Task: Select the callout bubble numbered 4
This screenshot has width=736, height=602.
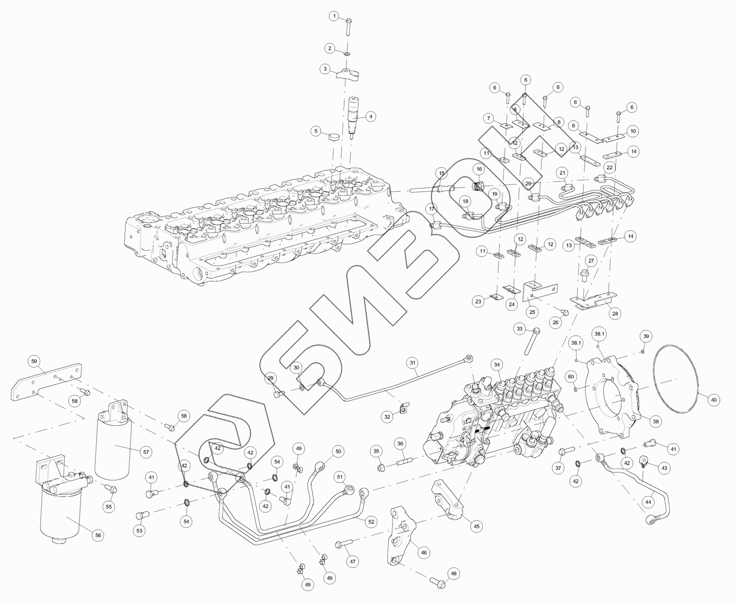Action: [x=371, y=117]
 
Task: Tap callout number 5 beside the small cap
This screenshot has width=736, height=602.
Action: [x=317, y=131]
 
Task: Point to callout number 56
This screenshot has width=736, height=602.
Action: [x=98, y=535]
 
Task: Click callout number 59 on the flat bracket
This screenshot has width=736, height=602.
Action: [x=34, y=362]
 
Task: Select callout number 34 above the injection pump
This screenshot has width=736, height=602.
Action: [x=497, y=365]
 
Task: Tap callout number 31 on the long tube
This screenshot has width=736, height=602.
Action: [x=413, y=363]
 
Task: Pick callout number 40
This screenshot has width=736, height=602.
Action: [x=714, y=400]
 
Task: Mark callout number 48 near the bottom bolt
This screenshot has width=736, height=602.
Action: [x=453, y=573]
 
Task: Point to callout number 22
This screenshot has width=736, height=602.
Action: [x=609, y=167]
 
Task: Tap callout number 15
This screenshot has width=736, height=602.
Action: [x=442, y=174]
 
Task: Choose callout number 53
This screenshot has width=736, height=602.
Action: [x=139, y=530]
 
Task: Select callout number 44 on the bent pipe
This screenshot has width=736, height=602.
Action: [x=649, y=502]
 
